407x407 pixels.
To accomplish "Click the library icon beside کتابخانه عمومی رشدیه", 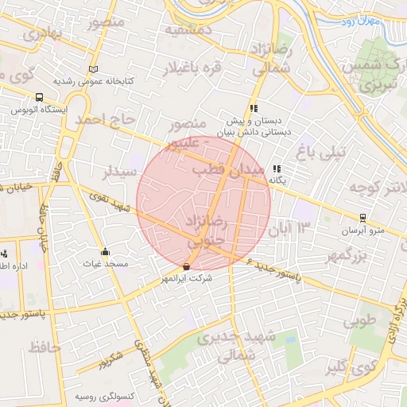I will click(95, 69).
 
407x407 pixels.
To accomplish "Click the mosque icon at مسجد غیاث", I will click(105, 252).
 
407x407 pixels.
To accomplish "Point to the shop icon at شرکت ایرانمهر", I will click(187, 267).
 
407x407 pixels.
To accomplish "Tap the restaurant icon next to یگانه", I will click(276, 169).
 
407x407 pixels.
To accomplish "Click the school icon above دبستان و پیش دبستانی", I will click(253, 109).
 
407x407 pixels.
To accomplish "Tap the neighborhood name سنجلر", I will click(120, 172).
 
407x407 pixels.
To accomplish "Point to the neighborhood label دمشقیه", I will click(188, 29).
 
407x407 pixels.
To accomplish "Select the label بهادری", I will click(41, 34).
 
